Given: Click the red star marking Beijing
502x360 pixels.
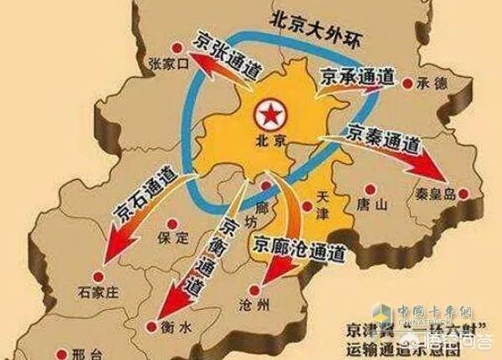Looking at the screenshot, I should [x=270, y=111].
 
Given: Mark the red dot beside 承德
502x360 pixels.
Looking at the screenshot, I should [x=407, y=83].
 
